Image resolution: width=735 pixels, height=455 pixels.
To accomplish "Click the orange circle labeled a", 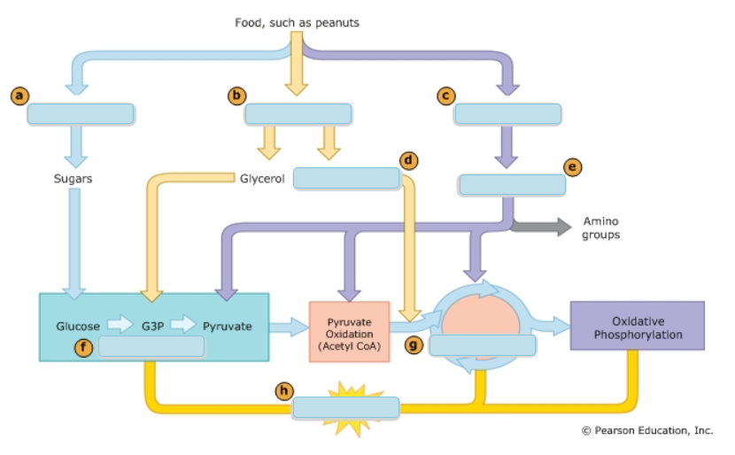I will pyautogui.click(x=19, y=95).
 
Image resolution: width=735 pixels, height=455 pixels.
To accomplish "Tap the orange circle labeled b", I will pyautogui.click(x=236, y=95).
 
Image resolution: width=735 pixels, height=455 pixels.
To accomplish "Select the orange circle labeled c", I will pyautogui.click(x=446, y=95).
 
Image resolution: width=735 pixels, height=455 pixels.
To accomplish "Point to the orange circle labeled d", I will pyautogui.click(x=408, y=160).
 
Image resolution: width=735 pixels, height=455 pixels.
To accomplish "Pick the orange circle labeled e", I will pyautogui.click(x=573, y=166).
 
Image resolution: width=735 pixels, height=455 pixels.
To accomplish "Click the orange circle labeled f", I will pyautogui.click(x=84, y=347).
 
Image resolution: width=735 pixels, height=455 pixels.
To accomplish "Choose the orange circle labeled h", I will pyautogui.click(x=283, y=389).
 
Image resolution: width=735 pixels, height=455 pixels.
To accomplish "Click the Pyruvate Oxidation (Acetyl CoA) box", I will pyautogui.click(x=349, y=330).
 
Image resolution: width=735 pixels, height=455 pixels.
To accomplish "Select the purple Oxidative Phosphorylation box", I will pyautogui.click(x=638, y=328).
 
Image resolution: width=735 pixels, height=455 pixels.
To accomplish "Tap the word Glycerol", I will pyautogui.click(x=262, y=178).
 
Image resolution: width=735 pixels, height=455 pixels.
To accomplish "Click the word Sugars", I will pyautogui.click(x=73, y=178).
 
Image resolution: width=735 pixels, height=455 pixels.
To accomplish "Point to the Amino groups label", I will pyautogui.click(x=601, y=227).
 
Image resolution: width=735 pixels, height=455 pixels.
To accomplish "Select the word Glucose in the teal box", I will pyautogui.click(x=78, y=326).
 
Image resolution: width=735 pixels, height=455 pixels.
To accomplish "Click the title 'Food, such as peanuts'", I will pyautogui.click(x=297, y=22).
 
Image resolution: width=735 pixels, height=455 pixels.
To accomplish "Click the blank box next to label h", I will pyautogui.click(x=346, y=407).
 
